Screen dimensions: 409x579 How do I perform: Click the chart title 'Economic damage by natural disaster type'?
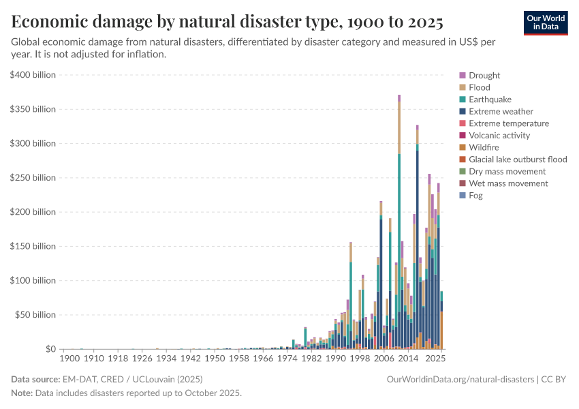(228, 22)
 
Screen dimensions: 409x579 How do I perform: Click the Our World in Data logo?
(545, 22)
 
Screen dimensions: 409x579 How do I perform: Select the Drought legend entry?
(484, 76)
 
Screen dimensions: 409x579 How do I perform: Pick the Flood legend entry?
(479, 87)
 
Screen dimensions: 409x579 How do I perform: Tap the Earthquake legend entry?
(490, 100)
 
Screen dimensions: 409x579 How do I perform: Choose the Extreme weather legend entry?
(501, 111)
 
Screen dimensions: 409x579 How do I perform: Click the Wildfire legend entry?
(484, 147)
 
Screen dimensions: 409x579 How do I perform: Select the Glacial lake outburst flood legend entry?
(517, 160)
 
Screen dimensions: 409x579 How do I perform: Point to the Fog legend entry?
(475, 196)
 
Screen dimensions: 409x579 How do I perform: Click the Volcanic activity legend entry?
(499, 136)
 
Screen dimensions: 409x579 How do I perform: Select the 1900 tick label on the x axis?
(69, 358)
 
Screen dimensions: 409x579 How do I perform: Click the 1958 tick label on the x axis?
(239, 358)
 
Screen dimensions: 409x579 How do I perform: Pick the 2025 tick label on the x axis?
(436, 358)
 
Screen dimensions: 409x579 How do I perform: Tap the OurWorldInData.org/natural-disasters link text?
(460, 379)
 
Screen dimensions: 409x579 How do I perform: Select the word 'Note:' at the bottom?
(21, 393)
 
